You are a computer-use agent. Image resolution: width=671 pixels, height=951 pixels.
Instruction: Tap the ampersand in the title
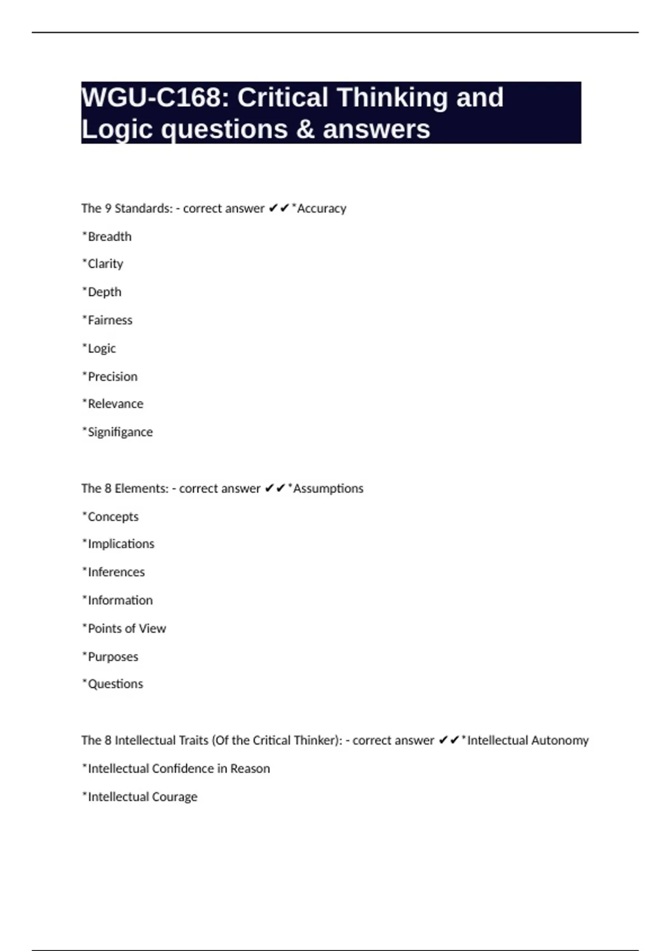click(304, 129)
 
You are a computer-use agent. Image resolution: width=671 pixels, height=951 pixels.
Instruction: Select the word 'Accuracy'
click(322, 208)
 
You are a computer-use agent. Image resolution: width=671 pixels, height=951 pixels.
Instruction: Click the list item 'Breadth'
click(109, 237)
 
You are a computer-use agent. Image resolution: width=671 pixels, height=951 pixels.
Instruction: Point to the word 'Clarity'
click(105, 263)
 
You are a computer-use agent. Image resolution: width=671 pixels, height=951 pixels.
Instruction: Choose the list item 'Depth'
click(104, 292)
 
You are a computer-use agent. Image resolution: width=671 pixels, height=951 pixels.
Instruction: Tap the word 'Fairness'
click(110, 320)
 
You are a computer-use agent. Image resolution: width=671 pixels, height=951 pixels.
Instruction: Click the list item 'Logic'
click(101, 349)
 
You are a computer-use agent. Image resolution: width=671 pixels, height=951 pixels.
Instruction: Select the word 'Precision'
click(112, 376)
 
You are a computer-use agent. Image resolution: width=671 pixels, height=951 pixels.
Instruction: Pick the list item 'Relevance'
click(115, 404)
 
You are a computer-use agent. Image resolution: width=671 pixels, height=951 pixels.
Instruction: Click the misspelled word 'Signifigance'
click(120, 432)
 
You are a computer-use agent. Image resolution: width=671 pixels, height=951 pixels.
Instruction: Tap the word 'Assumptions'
click(328, 488)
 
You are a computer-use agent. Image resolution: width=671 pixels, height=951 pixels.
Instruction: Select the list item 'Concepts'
click(113, 516)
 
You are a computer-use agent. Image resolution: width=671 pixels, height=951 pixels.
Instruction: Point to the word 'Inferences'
click(116, 572)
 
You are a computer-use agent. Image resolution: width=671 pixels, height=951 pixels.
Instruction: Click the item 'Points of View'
click(126, 628)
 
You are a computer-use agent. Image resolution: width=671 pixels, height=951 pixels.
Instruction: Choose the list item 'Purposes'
click(112, 657)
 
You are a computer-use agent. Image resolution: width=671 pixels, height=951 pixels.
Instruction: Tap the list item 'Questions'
click(115, 684)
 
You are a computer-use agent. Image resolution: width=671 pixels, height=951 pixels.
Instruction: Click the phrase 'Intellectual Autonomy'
click(527, 740)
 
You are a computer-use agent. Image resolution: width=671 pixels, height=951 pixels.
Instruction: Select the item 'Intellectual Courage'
click(142, 797)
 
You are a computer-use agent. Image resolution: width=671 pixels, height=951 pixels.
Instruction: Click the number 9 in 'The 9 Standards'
click(108, 208)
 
